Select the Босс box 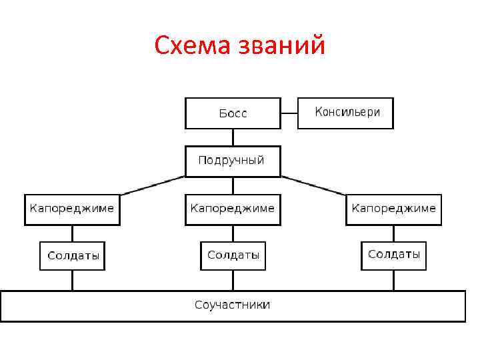pyautogui.click(x=233, y=113)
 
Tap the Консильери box pyautogui.click(x=345, y=113)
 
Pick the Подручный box pyautogui.click(x=233, y=161)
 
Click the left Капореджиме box pyautogui.click(x=72, y=209)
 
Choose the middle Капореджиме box pyautogui.click(x=233, y=209)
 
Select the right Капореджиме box pyautogui.click(x=393, y=209)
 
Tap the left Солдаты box pyautogui.click(x=72, y=255)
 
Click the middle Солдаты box pyautogui.click(x=233, y=255)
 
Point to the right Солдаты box pyautogui.click(x=393, y=255)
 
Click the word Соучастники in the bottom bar pyautogui.click(x=233, y=305)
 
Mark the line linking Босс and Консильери pyautogui.click(x=289, y=113)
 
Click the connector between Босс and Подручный pyautogui.click(x=233, y=137)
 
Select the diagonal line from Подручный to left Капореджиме pyautogui.click(x=152, y=185)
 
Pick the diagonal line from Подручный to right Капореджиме pyautogui.click(x=313, y=185)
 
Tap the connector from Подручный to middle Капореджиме pyautogui.click(x=233, y=185)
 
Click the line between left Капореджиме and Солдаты pyautogui.click(x=72, y=233)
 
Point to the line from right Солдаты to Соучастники pyautogui.click(x=393, y=280)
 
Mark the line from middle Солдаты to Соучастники pyautogui.click(x=233, y=280)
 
